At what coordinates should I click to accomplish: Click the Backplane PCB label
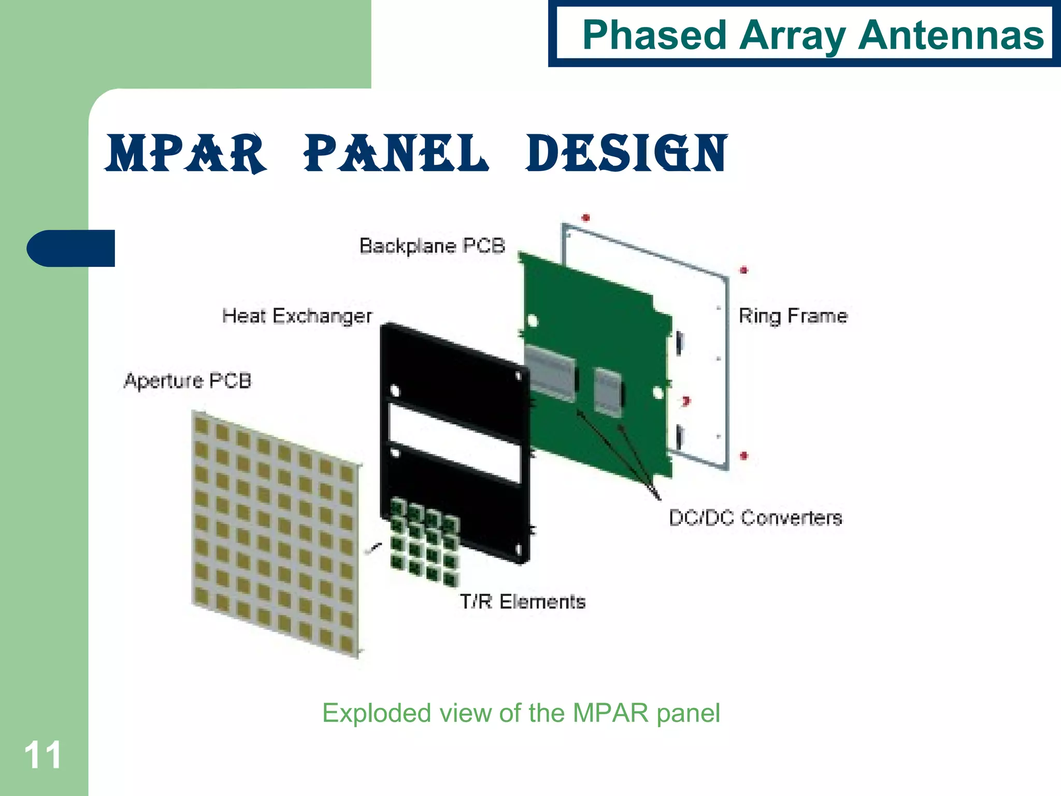(432, 246)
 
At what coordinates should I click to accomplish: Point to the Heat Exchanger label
(297, 316)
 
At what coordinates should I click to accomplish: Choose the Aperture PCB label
(188, 381)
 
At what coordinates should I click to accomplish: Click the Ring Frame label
(793, 316)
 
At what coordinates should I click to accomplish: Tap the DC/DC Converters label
(755, 518)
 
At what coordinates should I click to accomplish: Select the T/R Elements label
(522, 602)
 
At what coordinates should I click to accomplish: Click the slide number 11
(42, 756)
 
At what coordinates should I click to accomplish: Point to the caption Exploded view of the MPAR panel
(521, 713)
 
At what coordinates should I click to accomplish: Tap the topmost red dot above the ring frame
(586, 218)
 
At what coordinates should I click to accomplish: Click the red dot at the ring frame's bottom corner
(744, 456)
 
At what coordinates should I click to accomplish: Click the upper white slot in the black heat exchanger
(454, 424)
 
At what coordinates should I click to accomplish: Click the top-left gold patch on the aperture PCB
(201, 427)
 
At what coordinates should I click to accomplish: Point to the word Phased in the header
(654, 35)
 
